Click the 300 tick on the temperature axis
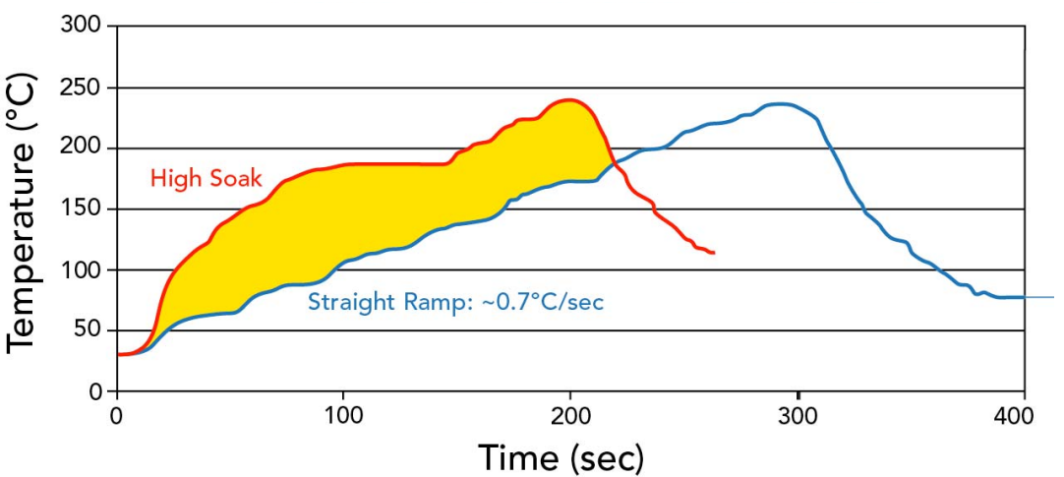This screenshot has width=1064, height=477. point(81,27)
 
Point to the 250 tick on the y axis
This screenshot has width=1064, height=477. point(81,88)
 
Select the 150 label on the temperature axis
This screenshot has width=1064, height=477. point(81,209)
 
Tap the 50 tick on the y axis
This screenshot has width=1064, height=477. point(87,330)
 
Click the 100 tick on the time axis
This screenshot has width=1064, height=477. point(342,413)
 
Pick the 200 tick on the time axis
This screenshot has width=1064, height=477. point(569,413)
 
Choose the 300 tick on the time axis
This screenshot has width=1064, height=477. point(797,413)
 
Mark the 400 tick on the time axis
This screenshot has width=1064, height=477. point(1023,413)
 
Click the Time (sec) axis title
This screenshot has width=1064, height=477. point(562,456)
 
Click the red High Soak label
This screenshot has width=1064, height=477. point(206,178)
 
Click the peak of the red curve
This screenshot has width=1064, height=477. point(568,99)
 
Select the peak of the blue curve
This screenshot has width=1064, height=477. point(782,103)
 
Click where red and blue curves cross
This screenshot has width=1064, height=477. point(613,164)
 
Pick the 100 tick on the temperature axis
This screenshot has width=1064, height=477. point(81,269)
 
